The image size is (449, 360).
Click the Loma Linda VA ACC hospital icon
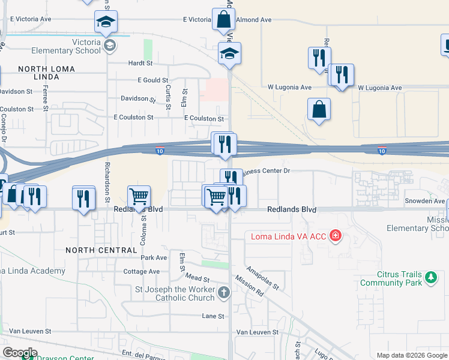click(x=335, y=236)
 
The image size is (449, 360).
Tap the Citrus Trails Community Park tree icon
click(x=430, y=277)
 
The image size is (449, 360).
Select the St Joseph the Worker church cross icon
click(x=224, y=293)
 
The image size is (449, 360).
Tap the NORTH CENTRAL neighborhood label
click(x=101, y=250)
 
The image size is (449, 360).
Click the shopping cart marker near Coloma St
click(x=139, y=196)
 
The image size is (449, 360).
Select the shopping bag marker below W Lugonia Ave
click(x=319, y=110)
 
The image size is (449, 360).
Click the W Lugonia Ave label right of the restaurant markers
click(x=379, y=88)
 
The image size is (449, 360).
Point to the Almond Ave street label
click(x=254, y=20)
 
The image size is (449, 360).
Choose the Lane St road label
click(x=212, y=316)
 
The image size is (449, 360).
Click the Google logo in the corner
click(x=20, y=353)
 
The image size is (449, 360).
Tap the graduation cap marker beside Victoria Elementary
click(x=106, y=23)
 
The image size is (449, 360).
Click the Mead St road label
click(x=197, y=279)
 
